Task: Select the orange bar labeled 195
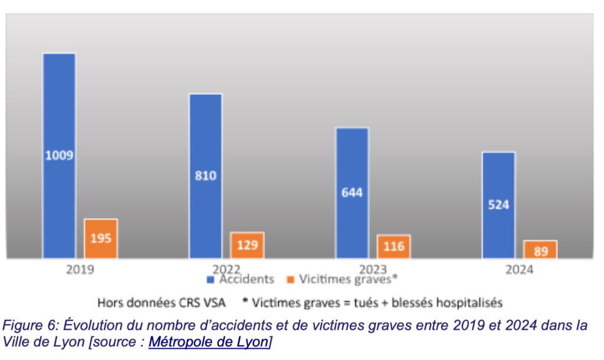pyautogui.click(x=101, y=238)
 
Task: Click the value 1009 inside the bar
pyautogui.click(x=59, y=156)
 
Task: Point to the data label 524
pyautogui.click(x=498, y=205)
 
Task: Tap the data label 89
pyautogui.click(x=540, y=251)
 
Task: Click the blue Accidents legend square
pyautogui.click(x=210, y=279)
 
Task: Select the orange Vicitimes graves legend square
pyautogui.click(x=290, y=279)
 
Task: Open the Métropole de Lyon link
pyautogui.click(x=209, y=342)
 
